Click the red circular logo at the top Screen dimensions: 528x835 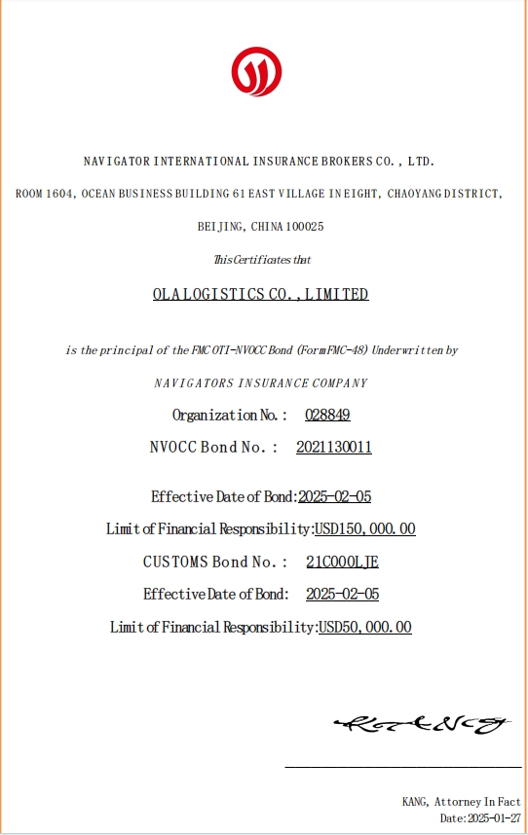click(x=256, y=71)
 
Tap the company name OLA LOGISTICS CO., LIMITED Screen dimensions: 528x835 click(x=260, y=294)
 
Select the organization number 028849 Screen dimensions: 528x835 click(x=327, y=415)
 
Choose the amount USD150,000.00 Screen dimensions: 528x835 click(x=365, y=529)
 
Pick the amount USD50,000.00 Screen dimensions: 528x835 click(x=365, y=628)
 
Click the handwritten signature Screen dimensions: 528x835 click(x=423, y=723)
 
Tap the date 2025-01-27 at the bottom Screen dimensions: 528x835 click(x=494, y=818)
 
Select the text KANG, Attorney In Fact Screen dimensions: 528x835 click(x=462, y=802)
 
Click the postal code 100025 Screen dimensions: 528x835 click(x=306, y=227)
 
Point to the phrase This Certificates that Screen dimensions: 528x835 click(x=262, y=260)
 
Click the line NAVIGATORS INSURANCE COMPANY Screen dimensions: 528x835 click(x=261, y=382)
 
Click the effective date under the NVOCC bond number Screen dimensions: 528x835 click(x=334, y=496)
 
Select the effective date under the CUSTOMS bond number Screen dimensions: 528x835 click(x=342, y=594)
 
